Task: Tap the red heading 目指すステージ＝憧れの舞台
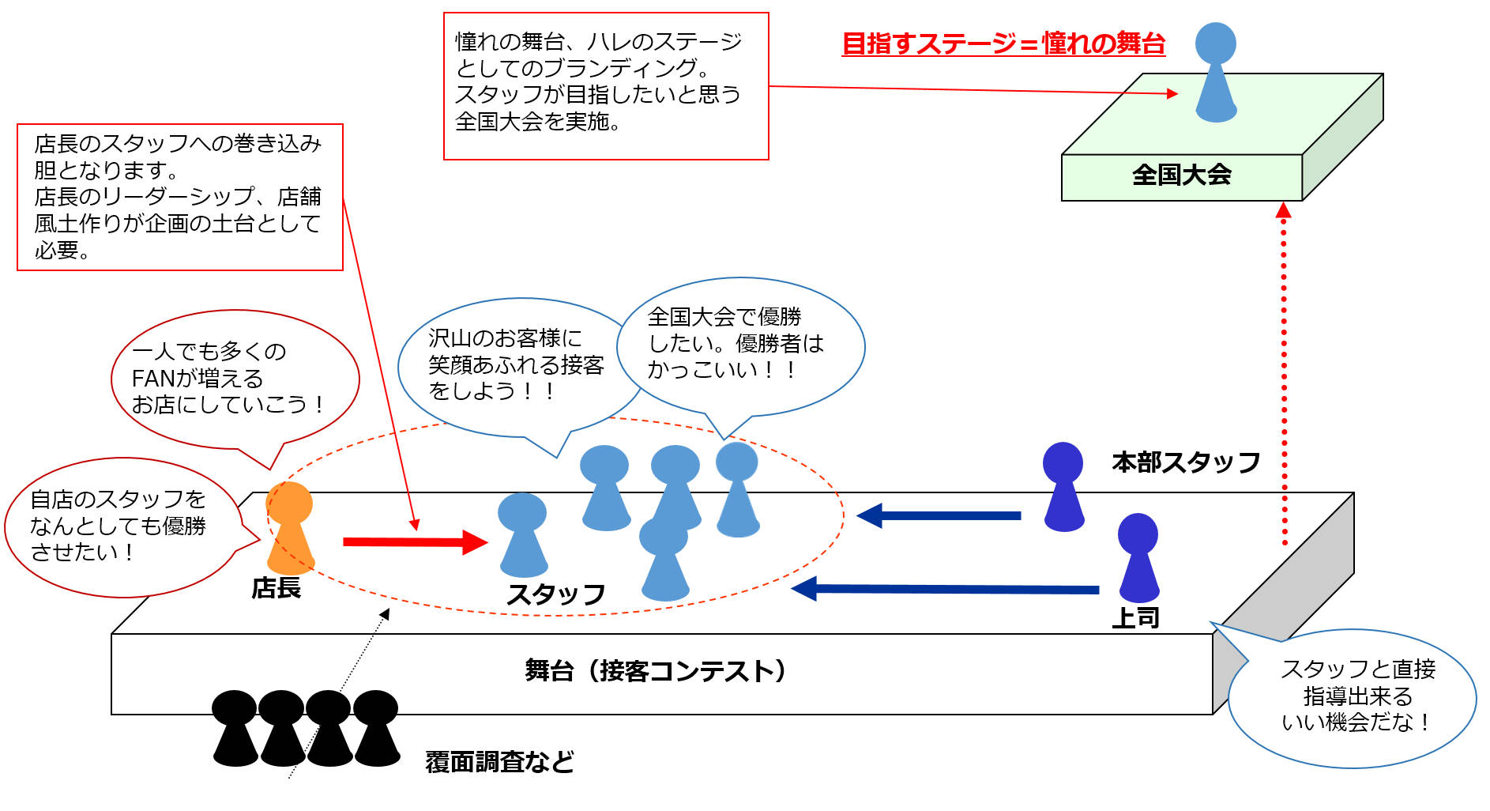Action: (x=1003, y=43)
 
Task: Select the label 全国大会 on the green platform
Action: (x=1181, y=175)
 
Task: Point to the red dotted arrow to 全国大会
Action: (x=1284, y=372)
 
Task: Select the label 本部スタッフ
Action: (x=1186, y=462)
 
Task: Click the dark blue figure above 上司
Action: (x=1138, y=558)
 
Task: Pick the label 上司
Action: (x=1135, y=617)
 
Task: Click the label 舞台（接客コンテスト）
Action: (x=657, y=671)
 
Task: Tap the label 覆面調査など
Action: (x=499, y=762)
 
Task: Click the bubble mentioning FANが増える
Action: (x=229, y=378)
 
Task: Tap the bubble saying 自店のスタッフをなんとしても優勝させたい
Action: (x=119, y=526)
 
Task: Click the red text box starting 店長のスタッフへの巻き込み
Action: (x=179, y=197)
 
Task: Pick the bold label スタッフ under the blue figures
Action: (x=556, y=594)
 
